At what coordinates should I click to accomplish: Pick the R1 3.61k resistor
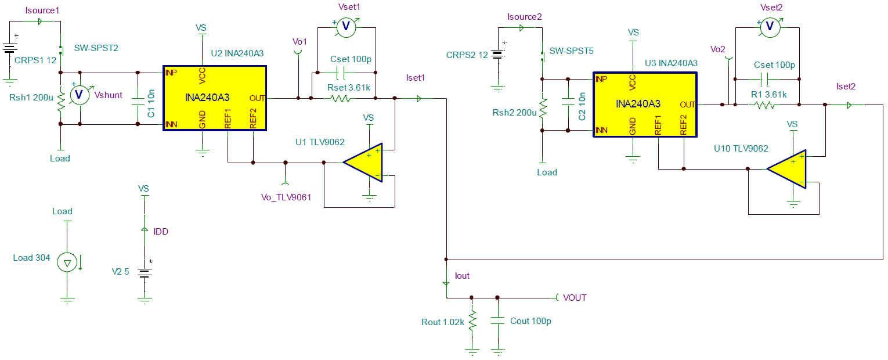pyautogui.click(x=765, y=105)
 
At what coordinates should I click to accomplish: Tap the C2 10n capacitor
pyautogui.click(x=568, y=105)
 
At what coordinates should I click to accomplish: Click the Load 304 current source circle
pyautogui.click(x=67, y=263)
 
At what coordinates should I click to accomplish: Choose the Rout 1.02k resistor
pyautogui.click(x=472, y=321)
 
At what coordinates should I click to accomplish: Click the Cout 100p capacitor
pyautogui.click(x=497, y=321)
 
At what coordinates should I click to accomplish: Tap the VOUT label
pyautogui.click(x=574, y=298)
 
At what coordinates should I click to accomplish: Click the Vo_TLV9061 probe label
pyautogui.click(x=286, y=197)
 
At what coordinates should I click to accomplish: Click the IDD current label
pyautogui.click(x=161, y=232)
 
